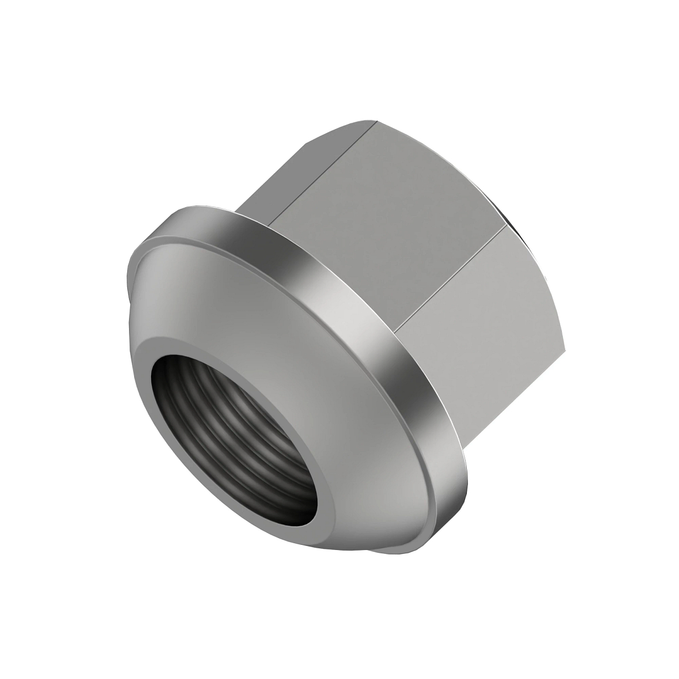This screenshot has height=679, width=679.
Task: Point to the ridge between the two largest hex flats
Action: pyautogui.click(x=453, y=272)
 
